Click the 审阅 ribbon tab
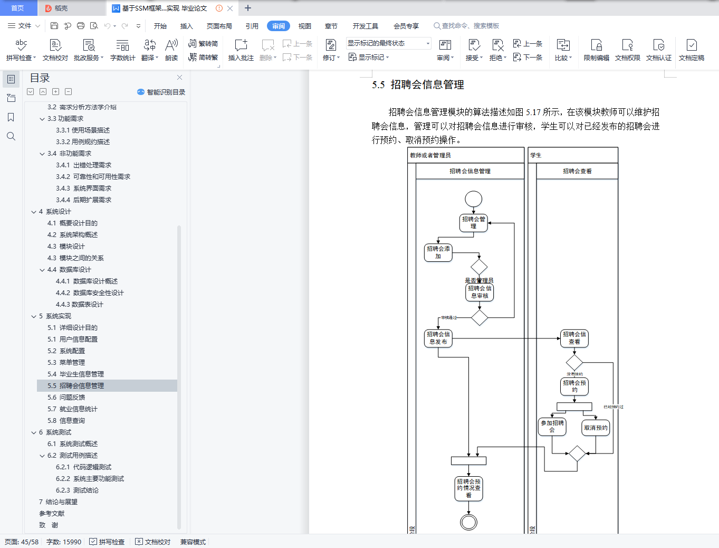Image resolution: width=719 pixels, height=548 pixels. (278, 26)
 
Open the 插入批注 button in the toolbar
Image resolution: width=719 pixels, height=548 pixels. (241, 50)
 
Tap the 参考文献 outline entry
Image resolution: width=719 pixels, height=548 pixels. (52, 514)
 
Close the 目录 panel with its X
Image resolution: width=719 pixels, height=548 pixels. (179, 78)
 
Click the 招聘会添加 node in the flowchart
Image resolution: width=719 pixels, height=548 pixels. (438, 252)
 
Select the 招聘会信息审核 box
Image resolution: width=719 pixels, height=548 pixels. (480, 292)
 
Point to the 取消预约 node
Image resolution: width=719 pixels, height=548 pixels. (596, 428)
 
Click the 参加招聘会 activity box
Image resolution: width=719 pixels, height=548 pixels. (552, 427)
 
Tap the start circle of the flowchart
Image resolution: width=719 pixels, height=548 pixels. (473, 199)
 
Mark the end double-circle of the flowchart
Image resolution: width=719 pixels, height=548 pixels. (468, 522)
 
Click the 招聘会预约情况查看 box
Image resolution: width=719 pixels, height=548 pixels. (468, 488)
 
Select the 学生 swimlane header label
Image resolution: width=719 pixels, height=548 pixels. (536, 155)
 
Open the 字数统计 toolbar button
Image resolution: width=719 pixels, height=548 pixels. (122, 50)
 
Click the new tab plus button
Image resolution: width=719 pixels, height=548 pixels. (248, 8)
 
